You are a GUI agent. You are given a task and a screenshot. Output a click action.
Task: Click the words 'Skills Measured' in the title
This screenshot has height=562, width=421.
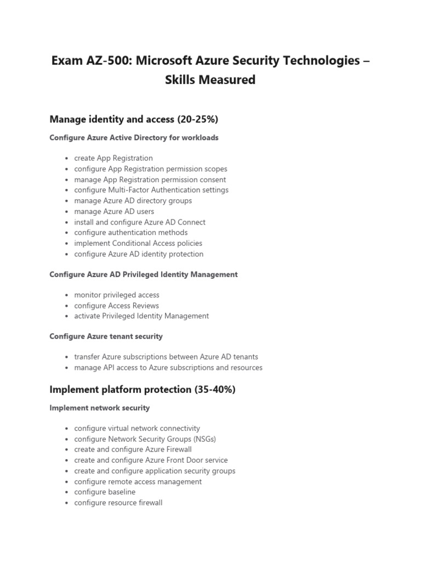[210, 80]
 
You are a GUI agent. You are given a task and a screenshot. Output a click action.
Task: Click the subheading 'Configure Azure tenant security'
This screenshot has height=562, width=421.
[106, 336]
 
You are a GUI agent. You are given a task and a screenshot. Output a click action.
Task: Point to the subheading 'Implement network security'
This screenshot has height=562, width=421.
[99, 408]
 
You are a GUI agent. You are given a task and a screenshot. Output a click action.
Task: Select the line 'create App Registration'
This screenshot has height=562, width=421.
[113, 158]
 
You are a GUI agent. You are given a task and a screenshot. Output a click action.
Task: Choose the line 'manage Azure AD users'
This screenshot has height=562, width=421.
[114, 211]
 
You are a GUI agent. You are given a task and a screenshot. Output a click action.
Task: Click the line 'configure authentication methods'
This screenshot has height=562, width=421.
[130, 233]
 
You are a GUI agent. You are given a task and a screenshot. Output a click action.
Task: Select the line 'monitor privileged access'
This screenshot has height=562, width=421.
[117, 295]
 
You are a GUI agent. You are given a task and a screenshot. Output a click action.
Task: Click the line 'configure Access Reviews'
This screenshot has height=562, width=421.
[116, 306]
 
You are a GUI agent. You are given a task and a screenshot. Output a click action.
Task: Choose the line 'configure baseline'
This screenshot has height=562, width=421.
[105, 492]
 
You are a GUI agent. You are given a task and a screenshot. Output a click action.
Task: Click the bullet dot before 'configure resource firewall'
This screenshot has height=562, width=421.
[66, 503]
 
